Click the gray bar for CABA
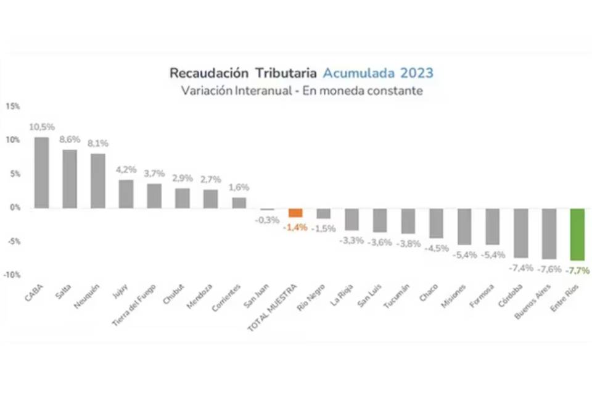pos(42,172)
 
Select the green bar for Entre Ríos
pos(577,235)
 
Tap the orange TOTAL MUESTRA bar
pos(295,212)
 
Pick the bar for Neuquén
pos(97,180)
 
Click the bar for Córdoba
pos(521,233)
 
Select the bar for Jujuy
pos(126,194)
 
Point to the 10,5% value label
pos(42,127)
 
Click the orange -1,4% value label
pos(295,227)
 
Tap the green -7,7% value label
pos(577,270)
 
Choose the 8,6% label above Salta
pos(70,139)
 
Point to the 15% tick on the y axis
pos(12,106)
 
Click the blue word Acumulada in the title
pos(360,73)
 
